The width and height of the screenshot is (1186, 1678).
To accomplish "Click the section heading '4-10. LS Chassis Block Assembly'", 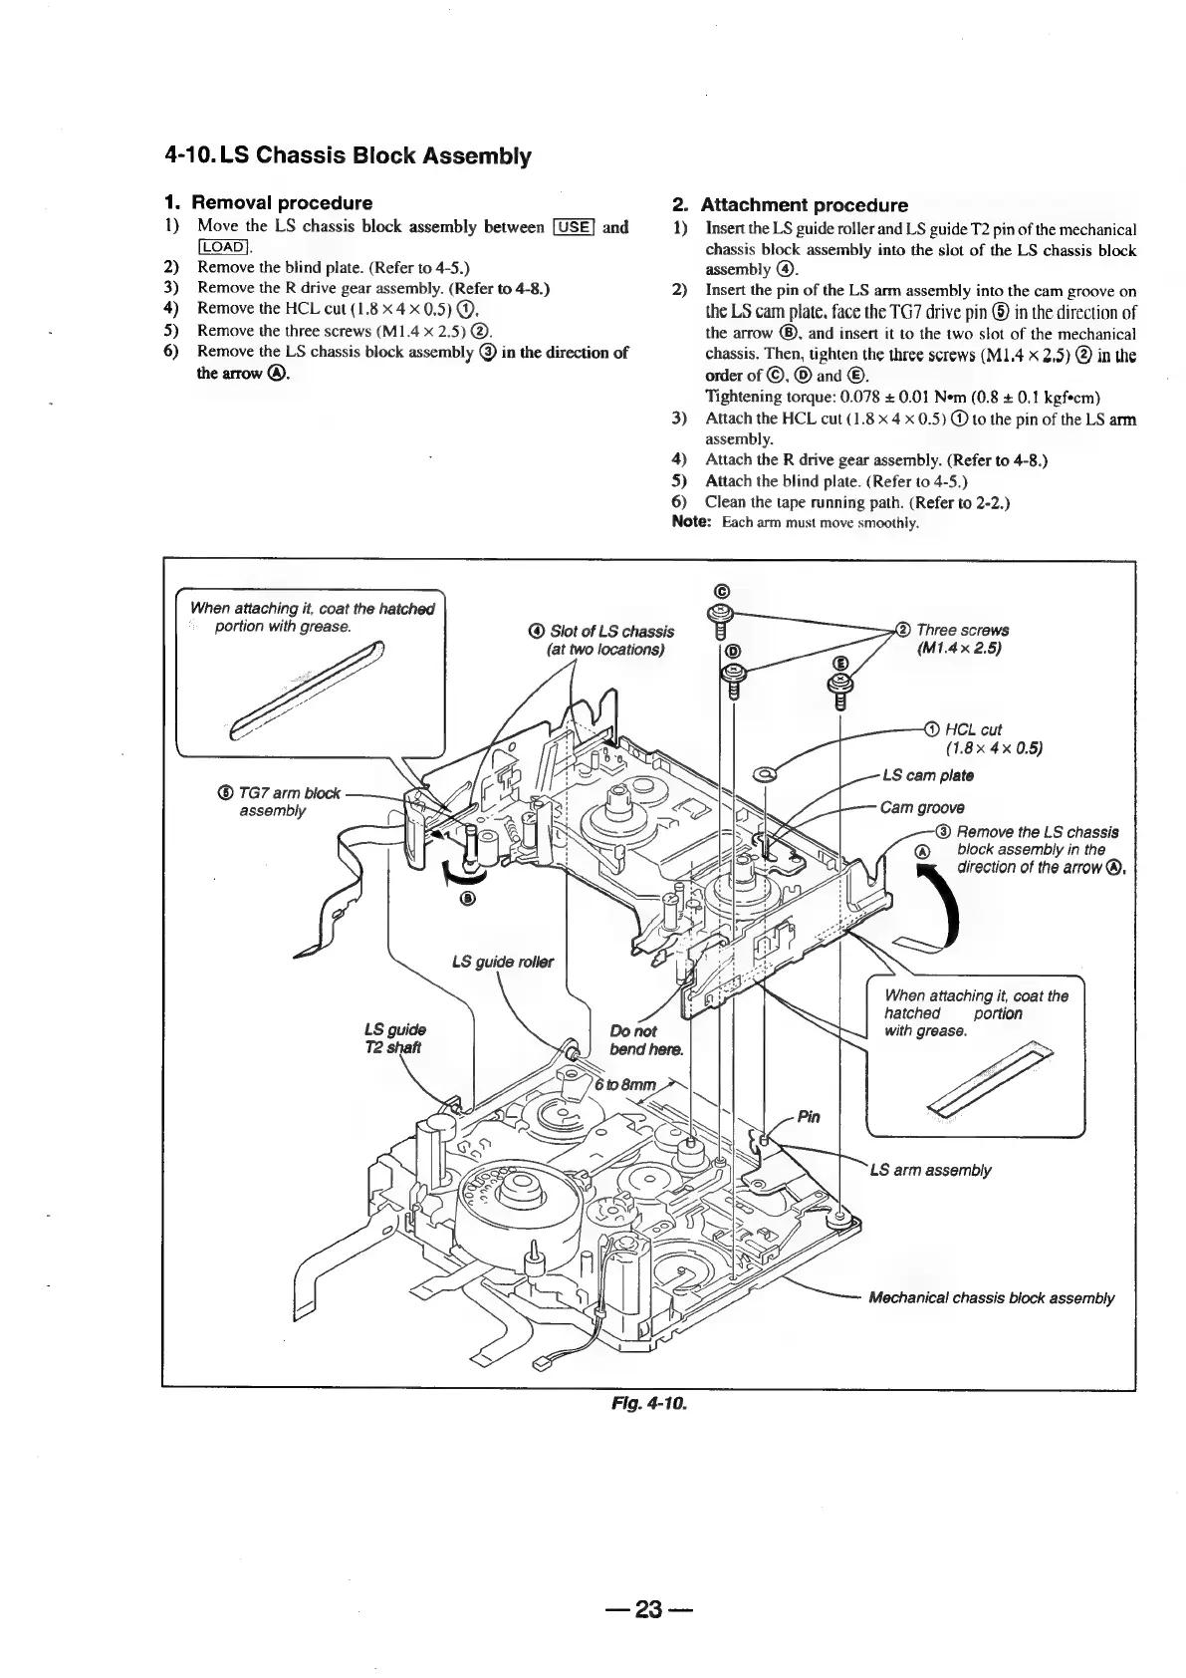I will tap(348, 156).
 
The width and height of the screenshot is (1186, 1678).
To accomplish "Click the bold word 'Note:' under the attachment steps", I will tap(689, 522).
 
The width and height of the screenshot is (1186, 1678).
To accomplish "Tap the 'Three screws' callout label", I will tap(962, 630).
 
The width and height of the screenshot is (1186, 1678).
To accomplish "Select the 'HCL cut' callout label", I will tap(973, 729).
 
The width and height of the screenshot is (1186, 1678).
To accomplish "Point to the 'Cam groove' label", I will tap(922, 807).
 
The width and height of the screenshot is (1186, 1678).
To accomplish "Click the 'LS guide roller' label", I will tap(502, 962).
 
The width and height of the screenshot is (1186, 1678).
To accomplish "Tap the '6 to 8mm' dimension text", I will tap(626, 1085).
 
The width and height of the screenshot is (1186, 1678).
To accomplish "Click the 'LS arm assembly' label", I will tap(930, 1170).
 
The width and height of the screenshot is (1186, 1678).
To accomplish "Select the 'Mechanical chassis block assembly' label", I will tap(991, 1297).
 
